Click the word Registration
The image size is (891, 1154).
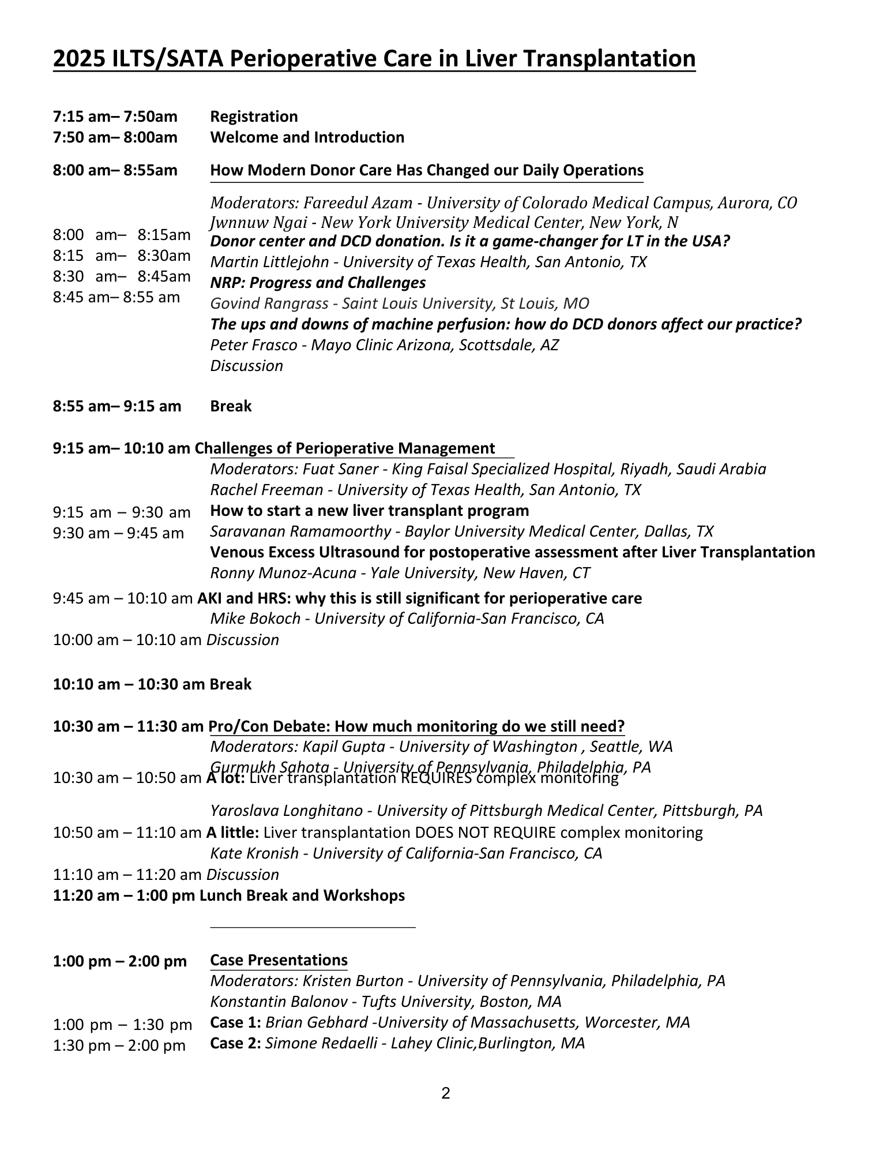pos(254,117)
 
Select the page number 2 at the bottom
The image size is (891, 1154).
pos(445,1093)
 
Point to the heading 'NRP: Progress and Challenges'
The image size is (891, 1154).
pos(318,283)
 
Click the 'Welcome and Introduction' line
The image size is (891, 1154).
pos(307,137)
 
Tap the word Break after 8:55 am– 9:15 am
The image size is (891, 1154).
pos(231,406)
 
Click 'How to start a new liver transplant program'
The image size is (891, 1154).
pos(369,511)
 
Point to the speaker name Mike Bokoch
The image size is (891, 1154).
pos(255,619)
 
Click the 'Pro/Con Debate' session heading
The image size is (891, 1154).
pos(416,726)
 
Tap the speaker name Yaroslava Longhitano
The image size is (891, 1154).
pos(286,811)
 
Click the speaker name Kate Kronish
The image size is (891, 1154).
pos(254,853)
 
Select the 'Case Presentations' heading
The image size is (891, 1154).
pos(279,960)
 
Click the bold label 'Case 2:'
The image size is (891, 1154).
pos(235,1043)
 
